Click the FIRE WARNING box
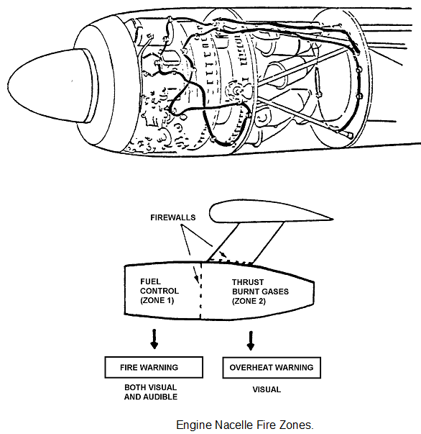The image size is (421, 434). click(x=154, y=367)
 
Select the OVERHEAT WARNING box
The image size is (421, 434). click(x=272, y=368)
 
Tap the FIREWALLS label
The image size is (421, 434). click(x=173, y=217)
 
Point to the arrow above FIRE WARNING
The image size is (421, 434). click(x=154, y=339)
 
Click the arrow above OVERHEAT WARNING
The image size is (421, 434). click(x=251, y=340)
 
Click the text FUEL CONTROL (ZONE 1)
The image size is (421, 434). click(x=159, y=291)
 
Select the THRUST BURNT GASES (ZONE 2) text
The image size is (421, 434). click(x=260, y=291)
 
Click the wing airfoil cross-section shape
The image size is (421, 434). click(x=272, y=212)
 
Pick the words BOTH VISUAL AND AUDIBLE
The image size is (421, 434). click(x=151, y=392)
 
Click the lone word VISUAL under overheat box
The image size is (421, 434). click(x=267, y=389)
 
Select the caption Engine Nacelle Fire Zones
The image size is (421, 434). click(x=245, y=425)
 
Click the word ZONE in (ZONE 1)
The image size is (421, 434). click(x=154, y=300)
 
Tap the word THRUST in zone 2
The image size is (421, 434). click(x=248, y=282)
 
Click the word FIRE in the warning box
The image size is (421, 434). click(x=129, y=368)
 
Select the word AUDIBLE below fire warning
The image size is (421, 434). click(x=162, y=397)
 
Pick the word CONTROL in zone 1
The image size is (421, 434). click(x=159, y=291)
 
